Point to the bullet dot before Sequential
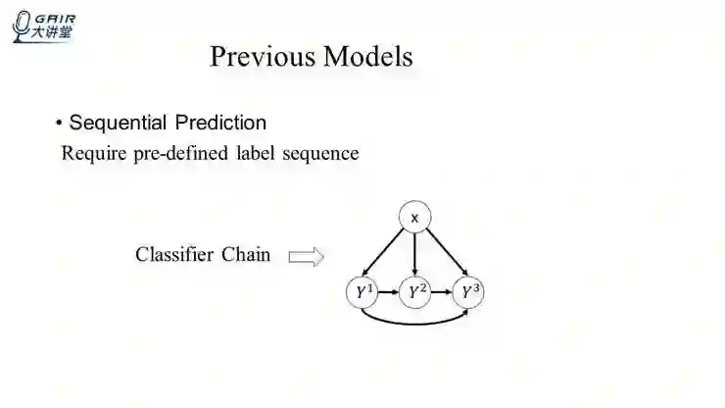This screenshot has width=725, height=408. tap(59, 124)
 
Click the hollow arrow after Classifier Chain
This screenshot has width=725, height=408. tap(306, 257)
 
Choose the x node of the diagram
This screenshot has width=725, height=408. tap(414, 218)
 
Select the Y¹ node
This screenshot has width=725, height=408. tap(362, 292)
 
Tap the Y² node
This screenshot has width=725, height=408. tap(417, 292)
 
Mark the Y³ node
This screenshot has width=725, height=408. tap(472, 292)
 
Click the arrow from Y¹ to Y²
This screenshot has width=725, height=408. tap(389, 292)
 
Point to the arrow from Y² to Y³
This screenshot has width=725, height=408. tap(445, 292)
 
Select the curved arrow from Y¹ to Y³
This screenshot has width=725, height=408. tap(416, 322)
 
